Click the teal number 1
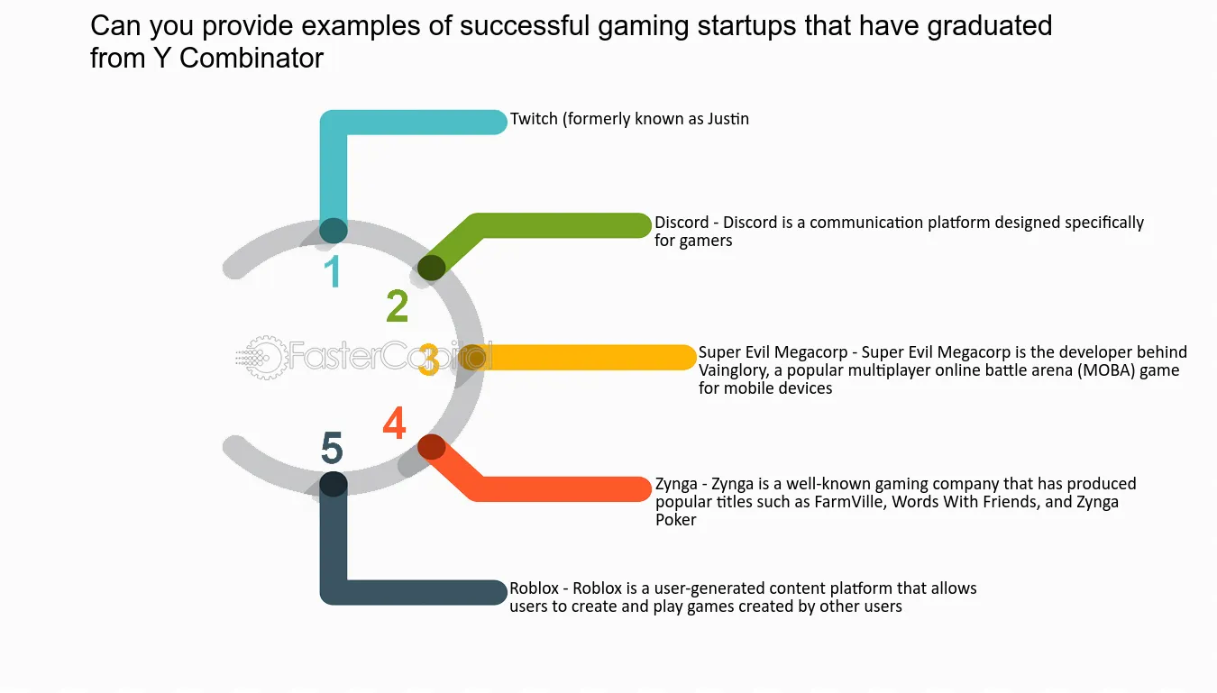(333, 271)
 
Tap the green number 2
(398, 305)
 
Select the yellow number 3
(429, 359)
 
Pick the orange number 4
(395, 423)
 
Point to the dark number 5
(332, 448)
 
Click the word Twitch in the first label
(534, 118)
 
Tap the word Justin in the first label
(728, 118)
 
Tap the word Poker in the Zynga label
(675, 520)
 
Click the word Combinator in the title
(252, 58)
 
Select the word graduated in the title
(989, 25)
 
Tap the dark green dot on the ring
(432, 268)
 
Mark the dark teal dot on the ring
(333, 231)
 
